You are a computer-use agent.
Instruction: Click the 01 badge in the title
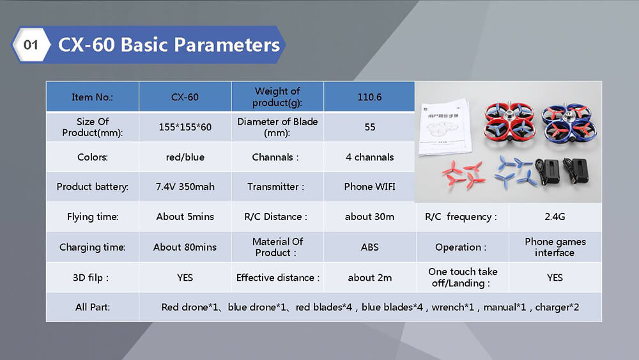tap(31, 44)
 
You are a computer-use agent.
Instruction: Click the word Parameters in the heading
tap(227, 45)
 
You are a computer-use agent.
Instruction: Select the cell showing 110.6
tap(369, 97)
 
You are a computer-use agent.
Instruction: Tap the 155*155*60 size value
tap(185, 127)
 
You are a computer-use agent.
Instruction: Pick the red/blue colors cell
tap(185, 157)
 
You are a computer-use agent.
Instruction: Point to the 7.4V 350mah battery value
tap(185, 187)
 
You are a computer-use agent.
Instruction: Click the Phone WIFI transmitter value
tap(369, 187)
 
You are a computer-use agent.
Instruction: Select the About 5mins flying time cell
tap(185, 217)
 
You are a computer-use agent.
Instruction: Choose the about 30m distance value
tap(369, 217)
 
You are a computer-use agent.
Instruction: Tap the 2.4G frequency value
tap(555, 217)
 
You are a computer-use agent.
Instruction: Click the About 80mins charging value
tap(185, 247)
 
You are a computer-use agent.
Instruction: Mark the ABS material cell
tap(369, 247)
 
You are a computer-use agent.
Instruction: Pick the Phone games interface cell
tap(555, 247)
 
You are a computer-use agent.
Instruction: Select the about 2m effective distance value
tap(369, 278)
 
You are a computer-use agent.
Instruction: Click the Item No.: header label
tap(92, 97)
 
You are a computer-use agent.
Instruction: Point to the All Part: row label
tap(92, 307)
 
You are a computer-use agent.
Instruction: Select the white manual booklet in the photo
tap(444, 127)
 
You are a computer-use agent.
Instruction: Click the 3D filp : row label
tap(91, 278)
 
